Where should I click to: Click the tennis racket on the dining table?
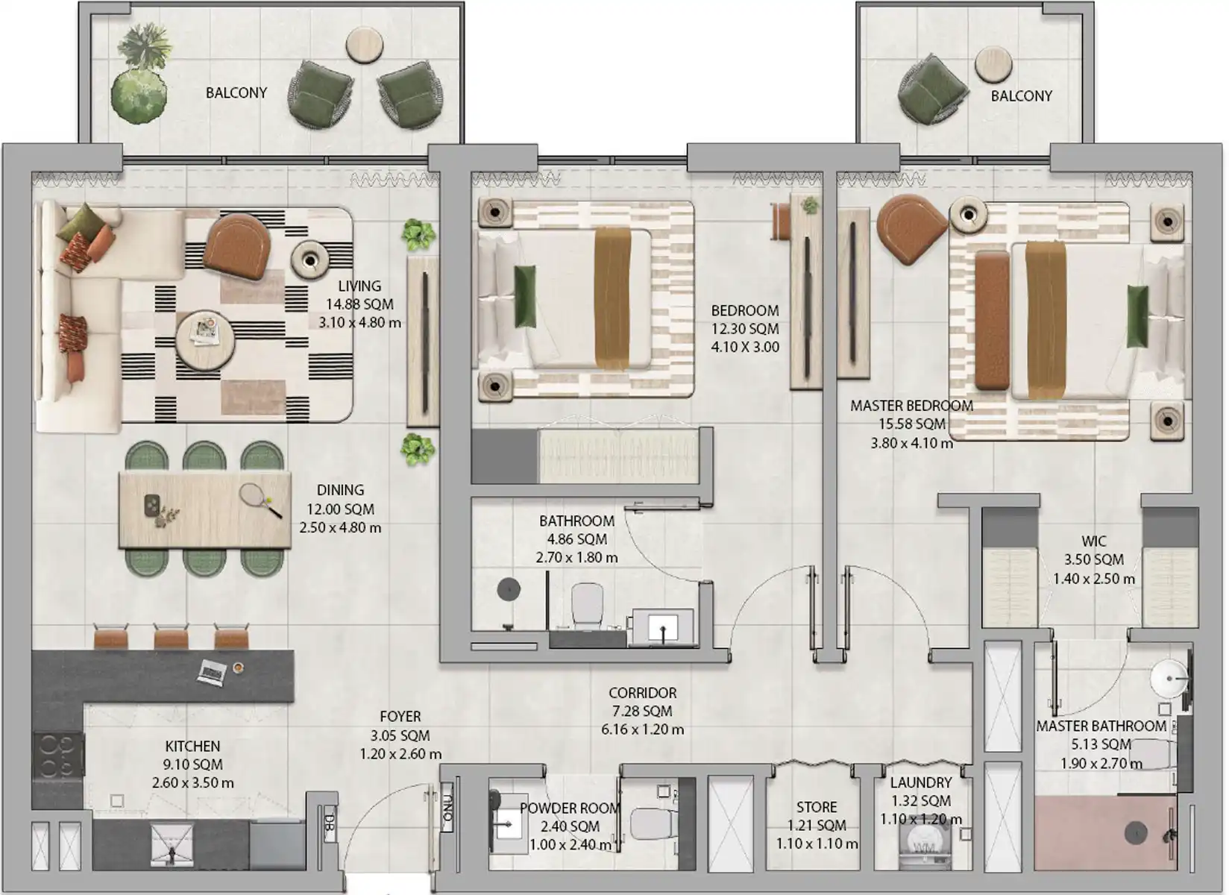tap(261, 500)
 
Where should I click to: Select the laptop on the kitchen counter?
tap(212, 673)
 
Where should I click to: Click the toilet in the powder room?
tap(654, 823)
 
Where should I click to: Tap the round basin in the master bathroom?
tap(1169, 679)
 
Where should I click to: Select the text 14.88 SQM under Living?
tap(359, 304)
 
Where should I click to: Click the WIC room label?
tap(1093, 541)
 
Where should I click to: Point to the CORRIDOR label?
tap(643, 693)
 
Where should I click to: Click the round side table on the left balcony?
tap(365, 45)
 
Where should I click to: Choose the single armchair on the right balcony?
tap(932, 89)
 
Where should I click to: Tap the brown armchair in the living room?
tap(238, 246)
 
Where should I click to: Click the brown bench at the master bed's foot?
tap(992, 321)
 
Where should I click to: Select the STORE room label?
tap(817, 807)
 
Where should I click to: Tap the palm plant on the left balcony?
tap(144, 46)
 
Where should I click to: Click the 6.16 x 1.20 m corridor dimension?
tap(643, 729)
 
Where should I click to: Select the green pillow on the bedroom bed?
tap(525, 296)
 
